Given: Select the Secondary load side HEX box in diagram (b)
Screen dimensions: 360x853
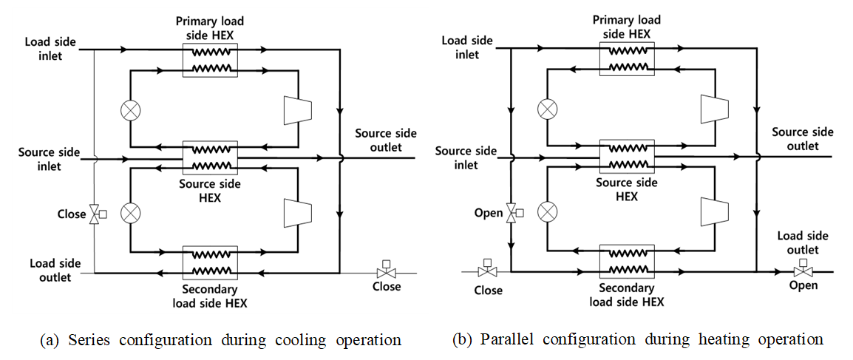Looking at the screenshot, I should point(627,262).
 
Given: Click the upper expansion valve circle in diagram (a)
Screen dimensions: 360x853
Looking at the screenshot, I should point(130,110).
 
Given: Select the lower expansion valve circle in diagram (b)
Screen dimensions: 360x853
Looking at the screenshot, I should point(547,211).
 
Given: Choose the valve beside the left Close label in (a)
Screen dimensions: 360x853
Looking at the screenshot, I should point(95,215).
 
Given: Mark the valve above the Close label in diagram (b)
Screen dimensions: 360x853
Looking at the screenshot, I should point(486,271).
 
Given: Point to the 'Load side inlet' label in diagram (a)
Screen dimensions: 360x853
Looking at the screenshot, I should point(43,48).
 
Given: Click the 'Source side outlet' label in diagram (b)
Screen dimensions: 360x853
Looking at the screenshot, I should point(803,139).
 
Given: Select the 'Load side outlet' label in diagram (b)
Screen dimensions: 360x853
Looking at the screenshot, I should point(803,242).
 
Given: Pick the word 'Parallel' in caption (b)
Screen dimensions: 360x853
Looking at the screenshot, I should point(507,340).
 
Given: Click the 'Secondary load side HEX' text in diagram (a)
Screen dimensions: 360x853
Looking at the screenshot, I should point(210,296).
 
